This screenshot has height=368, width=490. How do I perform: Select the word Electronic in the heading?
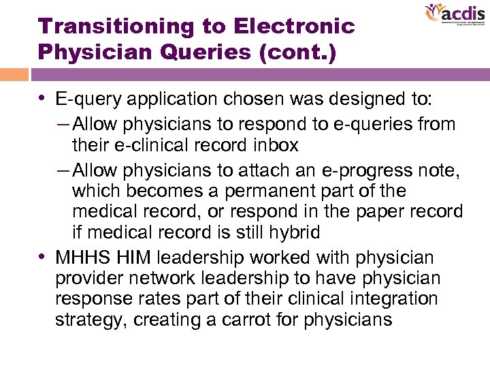pos(294,27)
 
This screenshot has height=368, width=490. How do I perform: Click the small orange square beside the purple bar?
pos(14,74)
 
